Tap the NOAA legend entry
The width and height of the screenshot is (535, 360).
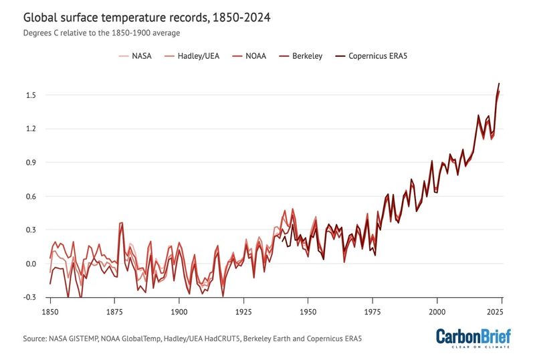[x=255, y=56]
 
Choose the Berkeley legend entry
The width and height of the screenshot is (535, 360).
[x=308, y=56]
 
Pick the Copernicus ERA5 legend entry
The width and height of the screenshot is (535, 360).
[x=378, y=56]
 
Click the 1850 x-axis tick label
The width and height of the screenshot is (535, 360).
[x=50, y=312]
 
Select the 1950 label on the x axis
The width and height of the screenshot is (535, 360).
[x=308, y=312]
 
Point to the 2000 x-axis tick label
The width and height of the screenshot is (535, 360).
[x=437, y=312]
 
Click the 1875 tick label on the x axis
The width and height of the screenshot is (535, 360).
[x=114, y=312]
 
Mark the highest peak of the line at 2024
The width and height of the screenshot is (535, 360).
[x=499, y=84]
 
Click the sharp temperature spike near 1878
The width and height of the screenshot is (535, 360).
[x=122, y=223]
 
